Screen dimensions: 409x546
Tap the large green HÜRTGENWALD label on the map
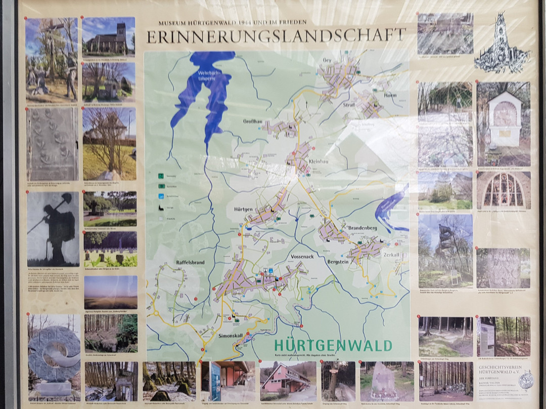pyautogui.click(x=333, y=346)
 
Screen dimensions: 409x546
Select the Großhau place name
pyautogui.click(x=252, y=121)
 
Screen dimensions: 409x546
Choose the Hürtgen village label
pyautogui.click(x=243, y=209)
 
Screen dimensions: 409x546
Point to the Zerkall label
pyautogui.click(x=391, y=255)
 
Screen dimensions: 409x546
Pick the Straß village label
pyautogui.click(x=350, y=105)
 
